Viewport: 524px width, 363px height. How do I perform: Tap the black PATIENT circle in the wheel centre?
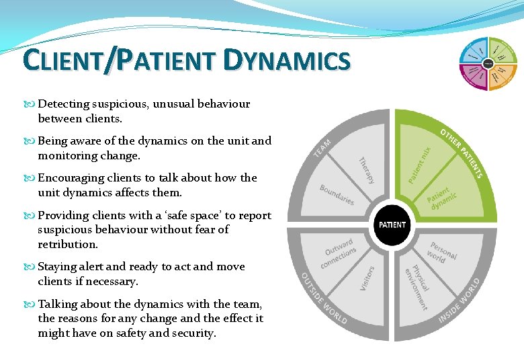pos(392,224)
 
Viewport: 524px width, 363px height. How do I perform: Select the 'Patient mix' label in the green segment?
pos(420,165)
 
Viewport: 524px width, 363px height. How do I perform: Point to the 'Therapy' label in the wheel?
pos(366,170)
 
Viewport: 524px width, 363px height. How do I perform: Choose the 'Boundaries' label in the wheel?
pos(337,195)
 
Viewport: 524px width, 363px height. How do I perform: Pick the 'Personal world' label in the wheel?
pos(441,251)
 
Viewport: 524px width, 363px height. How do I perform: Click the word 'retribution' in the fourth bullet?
pos(68,244)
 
